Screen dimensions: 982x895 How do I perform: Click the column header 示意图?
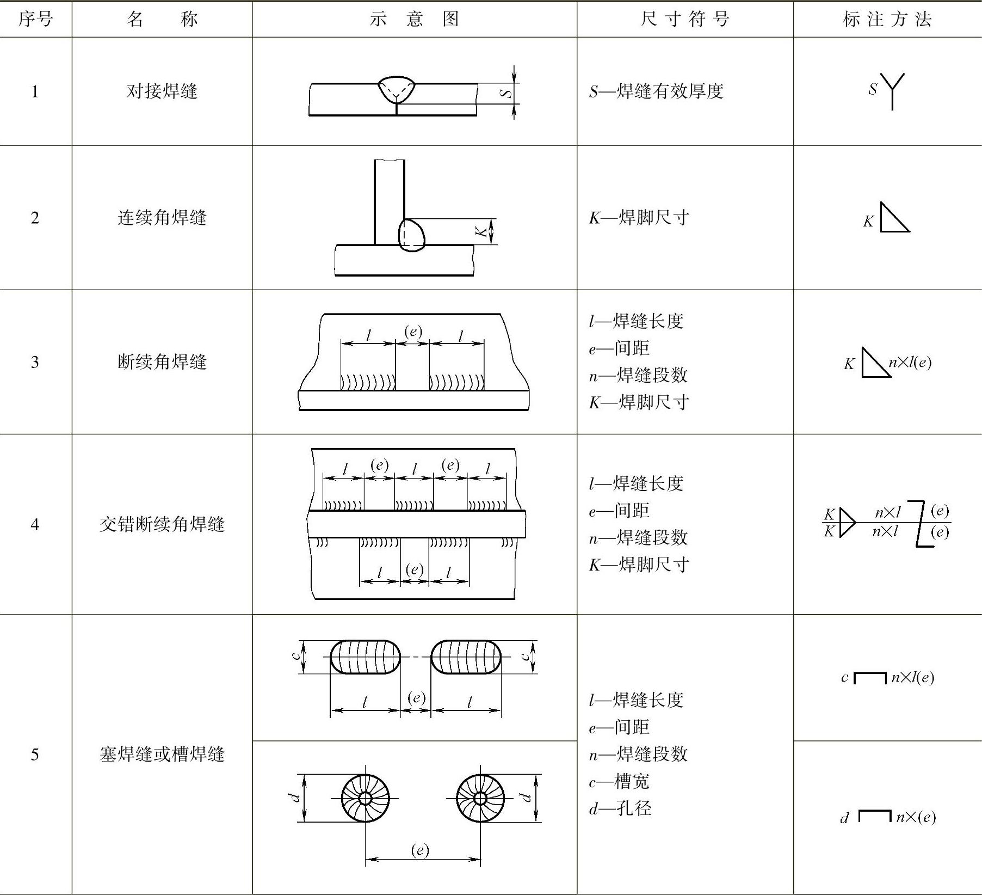click(414, 20)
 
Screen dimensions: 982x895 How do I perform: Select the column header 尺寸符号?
click(684, 20)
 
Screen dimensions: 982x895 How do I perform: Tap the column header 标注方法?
click(887, 20)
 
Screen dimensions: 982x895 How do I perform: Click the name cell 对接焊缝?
click(162, 91)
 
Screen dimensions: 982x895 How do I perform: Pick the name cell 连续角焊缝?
click(162, 218)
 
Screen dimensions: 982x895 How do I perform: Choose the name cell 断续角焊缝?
click(162, 362)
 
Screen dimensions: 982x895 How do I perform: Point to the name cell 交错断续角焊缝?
click(162, 524)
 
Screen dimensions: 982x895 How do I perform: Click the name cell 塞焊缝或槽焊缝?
click(162, 755)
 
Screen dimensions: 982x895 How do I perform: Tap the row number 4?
click(35, 524)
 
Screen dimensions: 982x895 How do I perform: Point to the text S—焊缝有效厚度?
click(656, 91)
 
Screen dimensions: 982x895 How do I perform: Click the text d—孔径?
click(620, 808)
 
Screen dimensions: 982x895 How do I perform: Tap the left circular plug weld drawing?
click(365, 798)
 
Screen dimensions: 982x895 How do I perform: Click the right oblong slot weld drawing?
click(466, 657)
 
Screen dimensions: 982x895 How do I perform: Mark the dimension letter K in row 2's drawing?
click(481, 232)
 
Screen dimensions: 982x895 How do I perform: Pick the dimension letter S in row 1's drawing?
click(506, 93)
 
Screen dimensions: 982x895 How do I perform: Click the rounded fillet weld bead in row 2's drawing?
click(412, 235)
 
